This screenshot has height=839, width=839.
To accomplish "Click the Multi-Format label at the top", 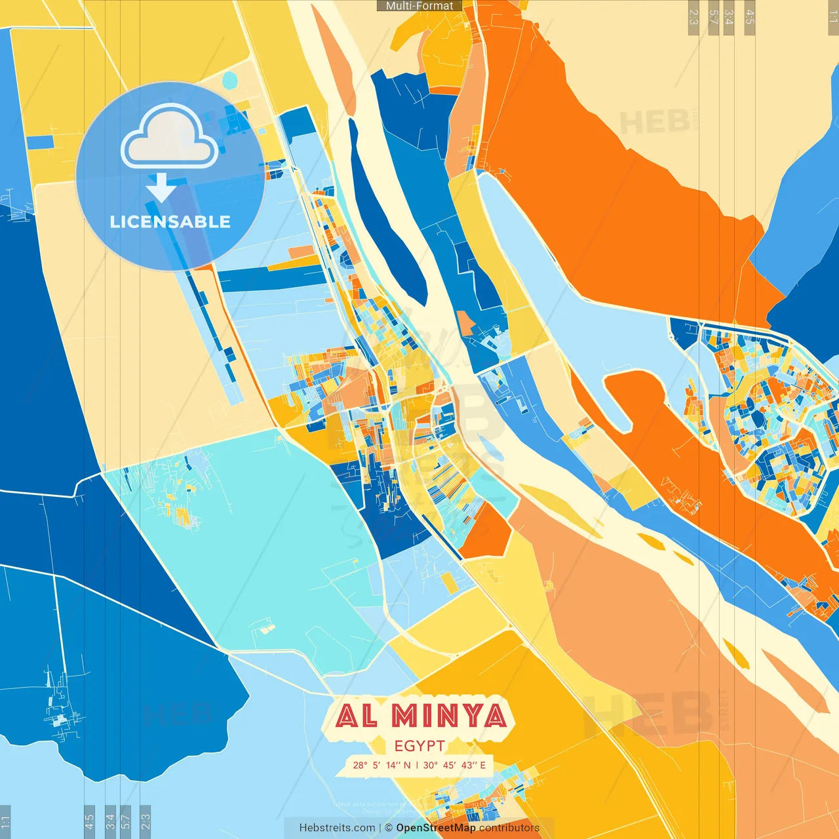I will (x=419, y=6).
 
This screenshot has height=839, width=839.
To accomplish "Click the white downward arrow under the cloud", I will (x=161, y=187).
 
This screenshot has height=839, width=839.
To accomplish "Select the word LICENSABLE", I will (x=170, y=222).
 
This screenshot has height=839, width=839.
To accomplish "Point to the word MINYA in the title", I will (x=450, y=716).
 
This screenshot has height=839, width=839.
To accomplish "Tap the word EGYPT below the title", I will (x=419, y=746).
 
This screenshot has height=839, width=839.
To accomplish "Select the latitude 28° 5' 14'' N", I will (x=381, y=765).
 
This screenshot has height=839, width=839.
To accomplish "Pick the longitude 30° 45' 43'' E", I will (x=454, y=765).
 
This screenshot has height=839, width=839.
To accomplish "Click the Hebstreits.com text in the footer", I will (x=337, y=828).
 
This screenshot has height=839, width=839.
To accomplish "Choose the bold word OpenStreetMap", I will (x=436, y=828).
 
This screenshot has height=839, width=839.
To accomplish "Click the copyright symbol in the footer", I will (x=389, y=828).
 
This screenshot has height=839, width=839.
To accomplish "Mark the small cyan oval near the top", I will (x=229, y=81).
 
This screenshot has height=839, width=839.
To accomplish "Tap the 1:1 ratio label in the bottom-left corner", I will (x=5, y=822).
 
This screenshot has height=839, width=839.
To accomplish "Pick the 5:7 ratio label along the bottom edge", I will (x=125, y=821).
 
